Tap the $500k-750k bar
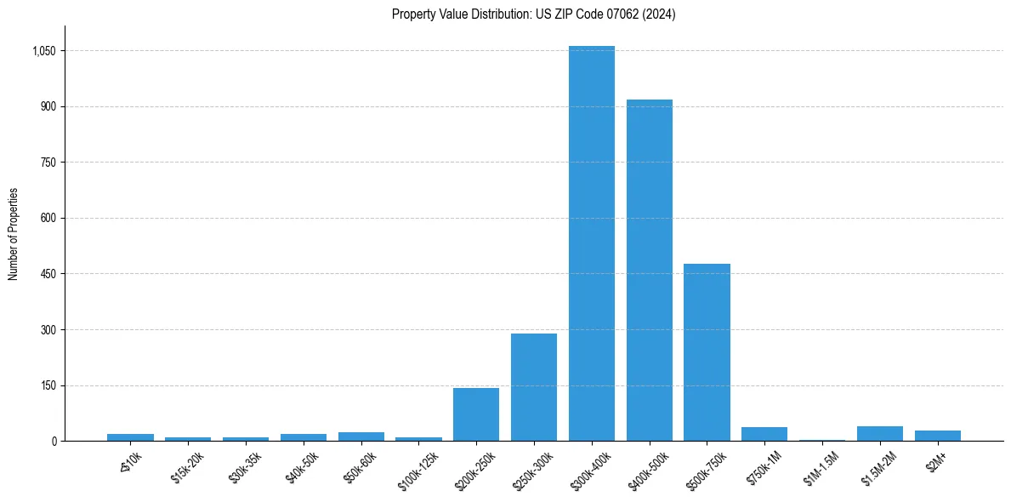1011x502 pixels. point(707,352)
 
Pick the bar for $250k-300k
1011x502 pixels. point(533,387)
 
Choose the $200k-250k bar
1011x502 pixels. point(475,414)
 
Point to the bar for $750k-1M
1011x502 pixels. point(764,434)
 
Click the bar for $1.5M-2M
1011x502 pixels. point(879,434)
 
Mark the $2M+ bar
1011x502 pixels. point(937,436)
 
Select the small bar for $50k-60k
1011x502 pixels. point(361,436)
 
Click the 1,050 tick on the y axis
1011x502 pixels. point(43,51)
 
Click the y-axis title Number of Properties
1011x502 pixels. point(13,234)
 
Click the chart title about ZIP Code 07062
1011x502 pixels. point(533,14)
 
